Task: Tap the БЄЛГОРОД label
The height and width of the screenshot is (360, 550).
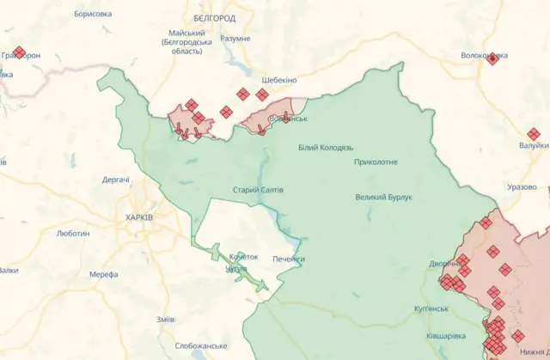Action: click(x=214, y=17)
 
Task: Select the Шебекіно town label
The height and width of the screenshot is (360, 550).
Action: click(x=278, y=80)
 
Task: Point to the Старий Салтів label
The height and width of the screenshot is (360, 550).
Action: click(x=258, y=190)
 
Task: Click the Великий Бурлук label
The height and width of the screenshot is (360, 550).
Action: click(x=384, y=197)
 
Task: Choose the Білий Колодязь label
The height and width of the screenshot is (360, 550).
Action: click(x=326, y=148)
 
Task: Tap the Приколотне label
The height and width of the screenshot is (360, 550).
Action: click(x=376, y=162)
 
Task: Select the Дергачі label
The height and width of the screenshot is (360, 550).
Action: click(x=116, y=180)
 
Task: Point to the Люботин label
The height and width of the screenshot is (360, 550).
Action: click(x=72, y=233)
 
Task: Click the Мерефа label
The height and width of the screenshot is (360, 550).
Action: click(x=103, y=275)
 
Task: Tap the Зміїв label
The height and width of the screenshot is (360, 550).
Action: click(x=166, y=319)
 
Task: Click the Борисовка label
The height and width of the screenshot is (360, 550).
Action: click(x=93, y=15)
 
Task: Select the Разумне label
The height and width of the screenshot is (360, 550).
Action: click(x=235, y=39)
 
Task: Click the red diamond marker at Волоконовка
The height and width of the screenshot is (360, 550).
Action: click(x=492, y=58)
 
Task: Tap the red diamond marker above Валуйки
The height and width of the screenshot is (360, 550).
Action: click(x=534, y=134)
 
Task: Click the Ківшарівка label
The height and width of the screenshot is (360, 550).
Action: click(x=447, y=335)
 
